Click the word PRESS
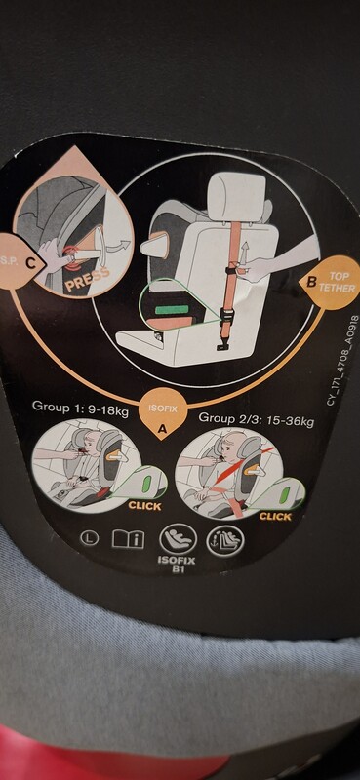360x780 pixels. click(87, 277)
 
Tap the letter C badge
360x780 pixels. click(31, 263)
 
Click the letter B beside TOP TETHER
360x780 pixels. click(311, 283)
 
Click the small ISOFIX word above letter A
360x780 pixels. click(161, 409)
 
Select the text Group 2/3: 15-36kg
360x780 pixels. click(256, 420)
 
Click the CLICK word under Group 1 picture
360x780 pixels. click(145, 506)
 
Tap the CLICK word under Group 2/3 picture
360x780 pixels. click(275, 517)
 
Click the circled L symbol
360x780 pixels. click(90, 538)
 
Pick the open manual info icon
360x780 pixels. click(128, 538)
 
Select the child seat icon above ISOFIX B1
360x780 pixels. click(178, 539)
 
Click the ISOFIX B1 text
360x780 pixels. click(177, 565)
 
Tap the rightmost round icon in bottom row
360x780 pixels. click(225, 541)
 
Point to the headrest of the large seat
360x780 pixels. click(236, 196)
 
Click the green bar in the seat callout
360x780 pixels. click(171, 310)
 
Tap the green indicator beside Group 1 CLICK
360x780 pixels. click(146, 484)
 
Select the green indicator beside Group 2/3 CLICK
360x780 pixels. click(284, 495)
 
